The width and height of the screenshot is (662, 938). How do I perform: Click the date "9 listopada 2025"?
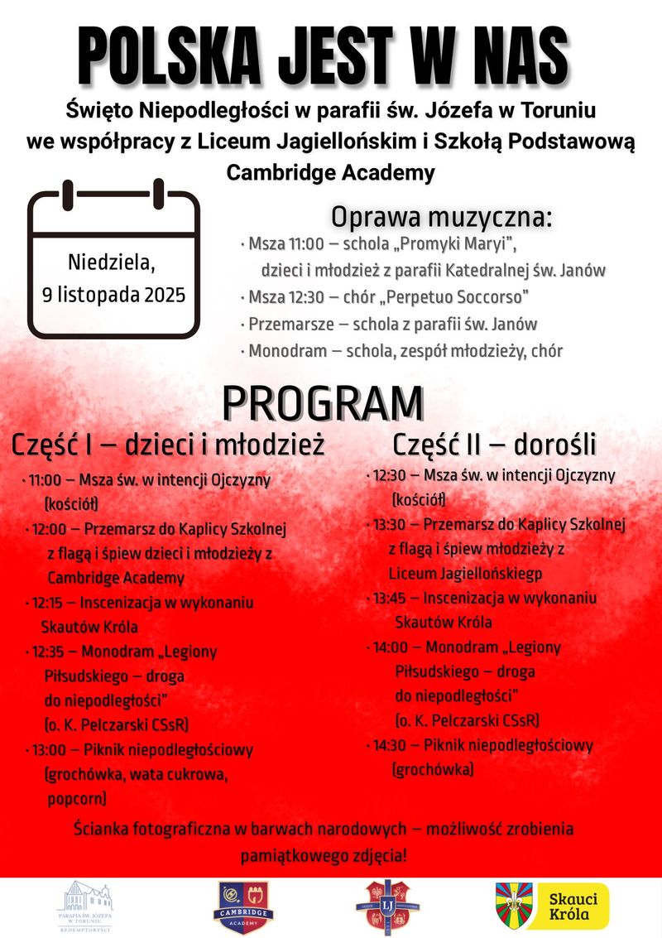coord(114,294)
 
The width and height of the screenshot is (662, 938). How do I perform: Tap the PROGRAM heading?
coord(323,403)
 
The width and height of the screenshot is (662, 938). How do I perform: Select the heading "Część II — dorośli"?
coord(494,445)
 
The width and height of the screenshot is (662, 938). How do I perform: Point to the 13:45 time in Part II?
coord(391,598)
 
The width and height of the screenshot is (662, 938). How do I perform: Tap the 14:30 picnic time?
coord(391,745)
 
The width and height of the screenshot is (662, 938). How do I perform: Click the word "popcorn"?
coord(76,799)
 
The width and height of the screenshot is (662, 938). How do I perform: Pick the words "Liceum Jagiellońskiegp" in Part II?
coord(466,573)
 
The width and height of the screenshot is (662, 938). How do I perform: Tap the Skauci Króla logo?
coord(552,906)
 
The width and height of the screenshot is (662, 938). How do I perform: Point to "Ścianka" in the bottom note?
coord(103,829)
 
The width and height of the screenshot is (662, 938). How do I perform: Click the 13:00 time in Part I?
coord(50,750)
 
